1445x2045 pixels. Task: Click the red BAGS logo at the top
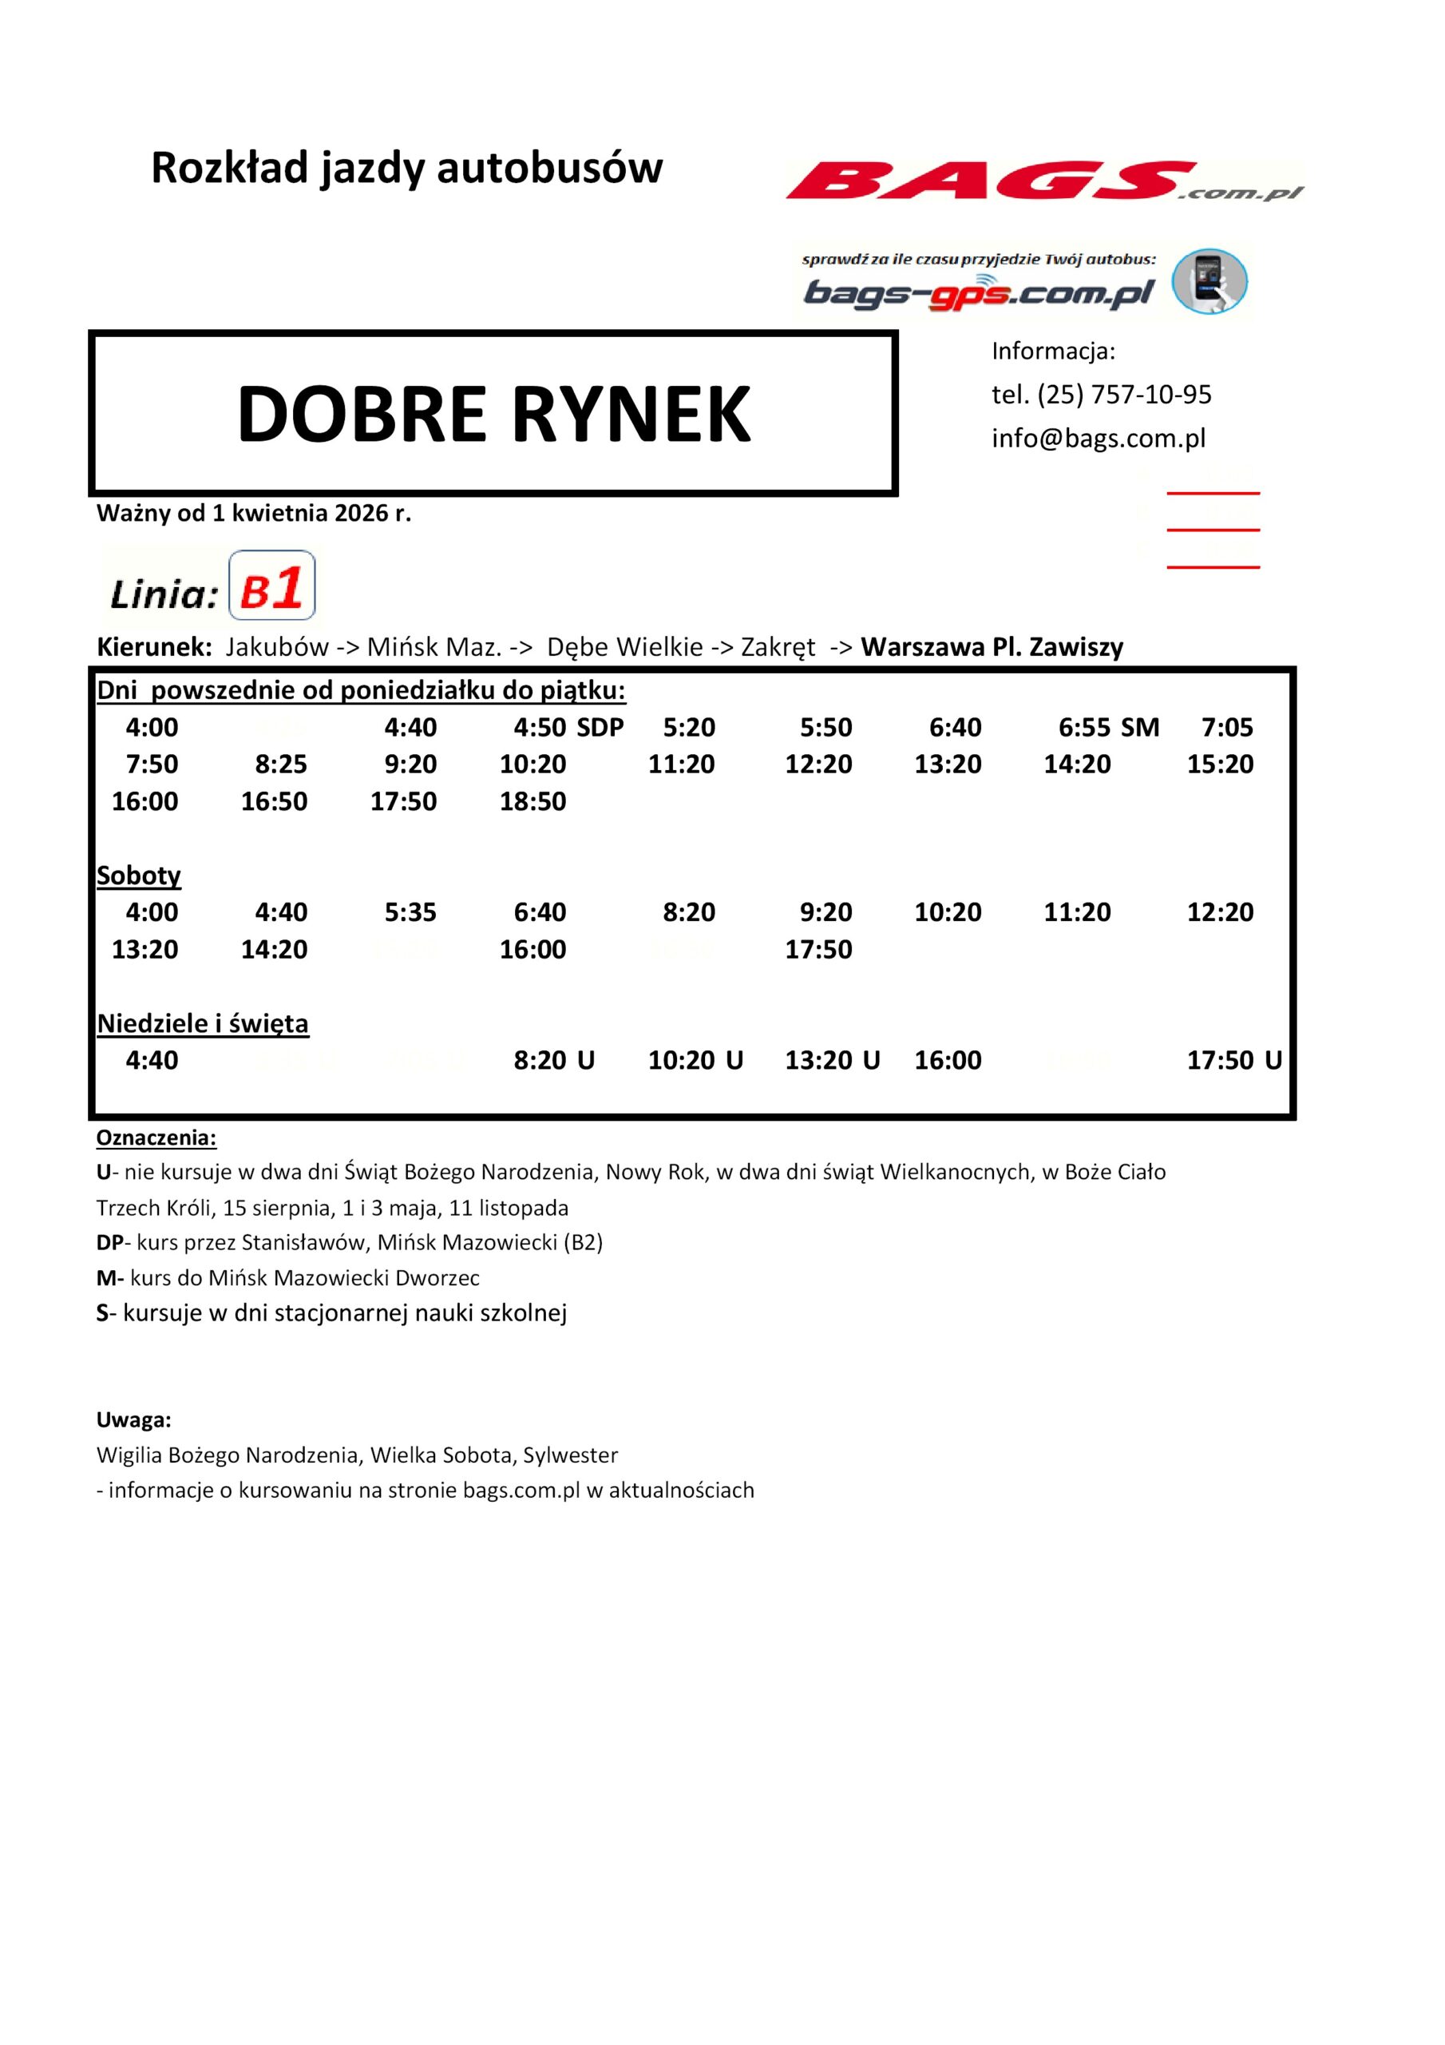[x=1042, y=181]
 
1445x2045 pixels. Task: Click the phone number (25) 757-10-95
[x=1123, y=395]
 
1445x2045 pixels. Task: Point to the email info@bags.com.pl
[x=1098, y=439]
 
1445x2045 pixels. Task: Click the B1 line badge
[x=271, y=586]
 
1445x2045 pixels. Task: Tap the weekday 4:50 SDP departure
[x=568, y=728]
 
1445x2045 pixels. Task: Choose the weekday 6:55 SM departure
[x=1108, y=728]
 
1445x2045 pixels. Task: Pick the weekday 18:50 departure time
[x=532, y=801]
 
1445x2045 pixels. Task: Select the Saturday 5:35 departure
[x=410, y=912]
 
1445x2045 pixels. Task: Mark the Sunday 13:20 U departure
[x=832, y=1060]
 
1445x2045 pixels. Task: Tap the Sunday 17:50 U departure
[x=1234, y=1060]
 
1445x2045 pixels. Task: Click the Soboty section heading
[x=139, y=876]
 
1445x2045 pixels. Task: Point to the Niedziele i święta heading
[x=203, y=1023]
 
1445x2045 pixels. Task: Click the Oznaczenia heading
[x=156, y=1138]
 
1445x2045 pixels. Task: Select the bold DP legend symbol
[x=109, y=1242]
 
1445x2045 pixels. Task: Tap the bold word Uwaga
[x=133, y=1420]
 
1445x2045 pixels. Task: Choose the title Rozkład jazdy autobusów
[x=407, y=168]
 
